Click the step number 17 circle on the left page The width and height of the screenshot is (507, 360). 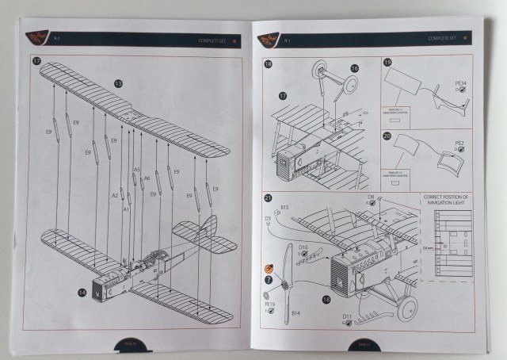click(x=36, y=61)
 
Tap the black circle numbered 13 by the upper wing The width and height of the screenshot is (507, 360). click(x=118, y=83)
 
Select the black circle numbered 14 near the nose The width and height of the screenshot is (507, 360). click(x=82, y=293)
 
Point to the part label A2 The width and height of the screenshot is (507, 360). click(x=115, y=195)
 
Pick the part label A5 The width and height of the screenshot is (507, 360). click(x=136, y=170)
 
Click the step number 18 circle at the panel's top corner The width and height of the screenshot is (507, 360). click(x=269, y=63)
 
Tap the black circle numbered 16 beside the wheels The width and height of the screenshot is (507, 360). click(x=354, y=69)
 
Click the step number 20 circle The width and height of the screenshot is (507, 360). click(x=387, y=136)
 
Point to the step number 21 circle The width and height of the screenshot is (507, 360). click(x=269, y=197)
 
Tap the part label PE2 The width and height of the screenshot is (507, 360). click(x=459, y=144)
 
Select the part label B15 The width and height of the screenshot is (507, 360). click(x=285, y=207)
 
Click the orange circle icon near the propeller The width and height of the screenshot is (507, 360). click(x=269, y=270)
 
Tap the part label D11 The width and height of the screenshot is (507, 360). click(x=347, y=316)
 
